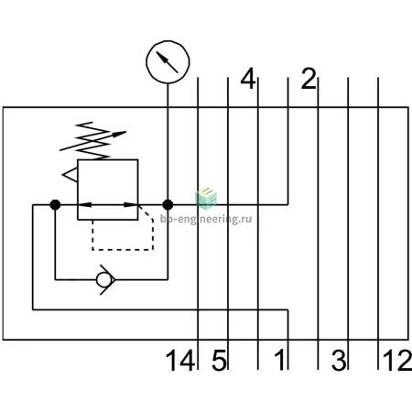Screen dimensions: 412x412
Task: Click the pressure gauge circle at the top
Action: click(168, 41)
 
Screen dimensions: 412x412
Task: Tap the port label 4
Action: click(248, 79)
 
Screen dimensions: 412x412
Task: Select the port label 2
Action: click(309, 79)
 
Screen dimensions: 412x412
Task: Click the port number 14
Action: click(180, 361)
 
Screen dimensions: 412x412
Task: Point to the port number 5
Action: click(219, 361)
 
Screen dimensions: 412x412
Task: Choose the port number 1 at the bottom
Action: click(279, 361)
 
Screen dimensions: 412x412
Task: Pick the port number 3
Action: click(339, 361)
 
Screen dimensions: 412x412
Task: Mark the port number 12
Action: click(396, 361)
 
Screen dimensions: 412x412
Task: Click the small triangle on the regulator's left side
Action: click(70, 175)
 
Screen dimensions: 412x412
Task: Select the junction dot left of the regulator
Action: click(55, 204)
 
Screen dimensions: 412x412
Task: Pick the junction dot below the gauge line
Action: click(168, 204)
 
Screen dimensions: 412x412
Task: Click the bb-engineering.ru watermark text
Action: click(206, 219)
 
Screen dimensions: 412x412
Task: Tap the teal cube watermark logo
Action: click(206, 198)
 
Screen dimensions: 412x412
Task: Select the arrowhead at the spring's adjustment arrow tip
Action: click(120, 134)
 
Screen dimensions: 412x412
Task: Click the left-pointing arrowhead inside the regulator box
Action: click(85, 204)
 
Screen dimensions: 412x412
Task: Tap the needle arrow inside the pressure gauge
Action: click(167, 62)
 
